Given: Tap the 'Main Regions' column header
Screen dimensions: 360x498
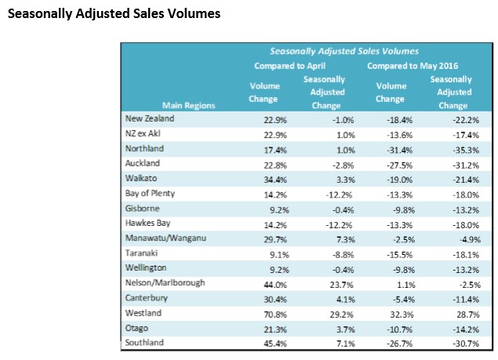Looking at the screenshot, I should tap(188, 104).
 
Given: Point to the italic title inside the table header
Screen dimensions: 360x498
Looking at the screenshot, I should tap(340, 51).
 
